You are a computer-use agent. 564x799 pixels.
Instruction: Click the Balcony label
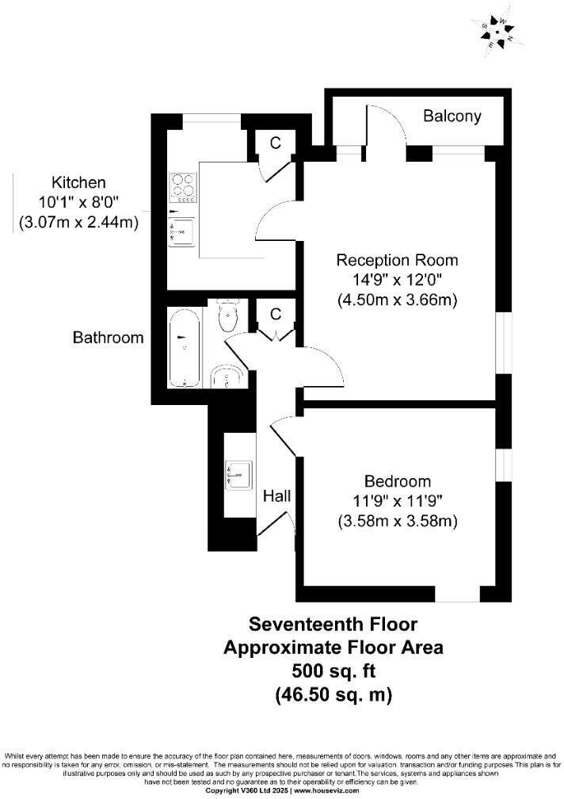452,117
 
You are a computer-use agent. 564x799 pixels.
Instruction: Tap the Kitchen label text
78,182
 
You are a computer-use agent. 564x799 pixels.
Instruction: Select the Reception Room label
397,260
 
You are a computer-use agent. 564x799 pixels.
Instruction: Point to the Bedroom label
397,481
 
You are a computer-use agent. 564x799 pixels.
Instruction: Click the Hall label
277,496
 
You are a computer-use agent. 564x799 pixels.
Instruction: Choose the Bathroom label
109,338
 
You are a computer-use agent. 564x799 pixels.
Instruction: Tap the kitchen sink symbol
183,231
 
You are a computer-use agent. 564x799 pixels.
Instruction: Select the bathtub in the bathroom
185,348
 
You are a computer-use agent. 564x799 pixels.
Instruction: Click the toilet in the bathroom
228,316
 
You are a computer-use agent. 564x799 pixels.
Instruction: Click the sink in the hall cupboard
238,474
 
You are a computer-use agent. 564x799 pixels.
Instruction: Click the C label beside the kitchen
276,143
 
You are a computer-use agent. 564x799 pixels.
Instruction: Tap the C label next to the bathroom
276,315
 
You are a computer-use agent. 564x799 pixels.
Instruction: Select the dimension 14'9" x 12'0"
397,280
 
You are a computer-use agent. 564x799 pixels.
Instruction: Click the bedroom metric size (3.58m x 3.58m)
397,522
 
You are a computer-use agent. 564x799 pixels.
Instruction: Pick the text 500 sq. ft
333,671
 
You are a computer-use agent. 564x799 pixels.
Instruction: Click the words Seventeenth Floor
333,624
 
